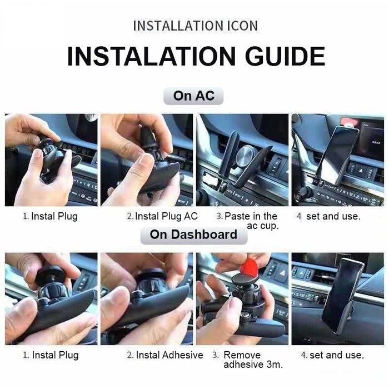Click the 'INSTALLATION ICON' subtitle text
coord(196,26)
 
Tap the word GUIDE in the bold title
coord(285,56)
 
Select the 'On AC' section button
coord(193,96)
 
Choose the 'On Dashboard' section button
coord(194,235)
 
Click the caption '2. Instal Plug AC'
coord(162,216)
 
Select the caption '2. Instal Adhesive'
coord(164,355)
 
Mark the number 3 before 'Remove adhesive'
coord(215,355)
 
